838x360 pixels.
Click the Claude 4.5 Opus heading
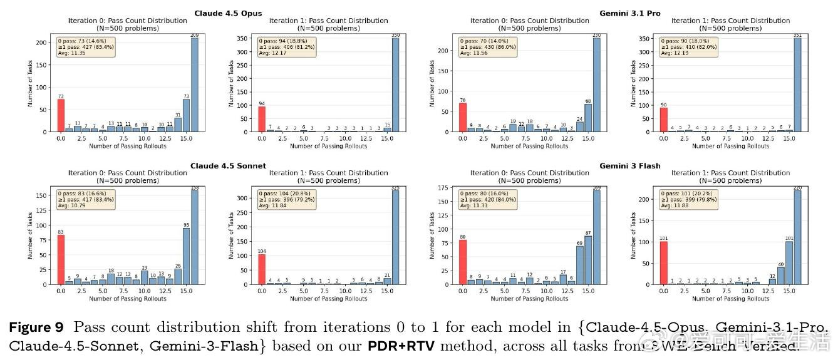tap(228, 13)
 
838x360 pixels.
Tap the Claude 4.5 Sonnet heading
tap(228, 166)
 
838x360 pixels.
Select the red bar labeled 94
tap(261, 119)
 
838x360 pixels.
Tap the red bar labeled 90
tap(663, 120)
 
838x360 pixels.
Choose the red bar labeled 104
tap(261, 269)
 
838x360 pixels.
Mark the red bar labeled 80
tap(463, 262)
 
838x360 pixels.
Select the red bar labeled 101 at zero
tap(663, 263)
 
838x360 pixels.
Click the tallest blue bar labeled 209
tap(194, 85)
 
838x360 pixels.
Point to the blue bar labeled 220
tap(797, 238)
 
